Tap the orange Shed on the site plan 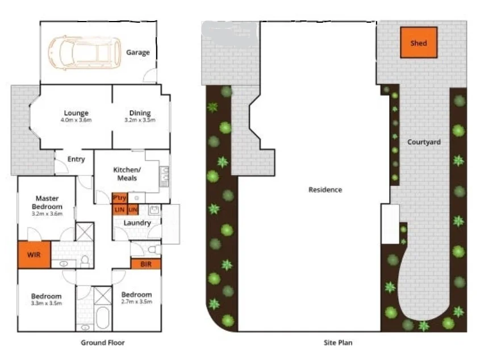(x=419, y=43)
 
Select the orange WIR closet (x=34, y=255)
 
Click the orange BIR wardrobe (x=146, y=264)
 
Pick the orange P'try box (x=119, y=198)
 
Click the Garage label (x=138, y=53)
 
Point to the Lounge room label (x=76, y=112)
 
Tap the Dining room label (x=140, y=113)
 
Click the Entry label (x=76, y=159)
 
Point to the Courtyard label (x=424, y=142)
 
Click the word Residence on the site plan (x=325, y=190)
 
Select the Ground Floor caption (x=102, y=342)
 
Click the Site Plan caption (x=337, y=342)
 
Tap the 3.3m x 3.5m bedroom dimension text (x=46, y=304)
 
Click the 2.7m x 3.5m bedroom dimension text (x=137, y=302)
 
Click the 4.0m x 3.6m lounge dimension (x=76, y=120)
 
